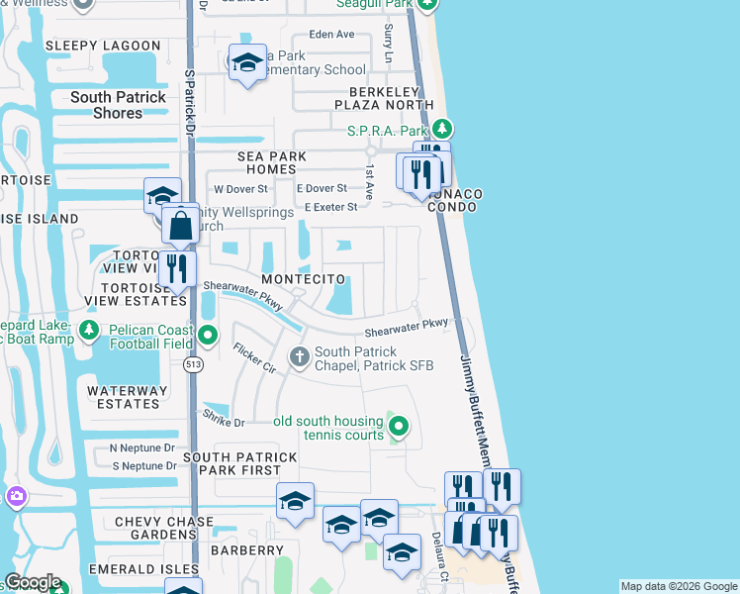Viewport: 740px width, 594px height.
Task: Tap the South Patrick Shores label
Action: coord(119,105)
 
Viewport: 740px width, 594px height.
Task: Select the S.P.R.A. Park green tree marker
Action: coord(443,130)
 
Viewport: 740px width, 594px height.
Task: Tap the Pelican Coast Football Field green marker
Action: coord(208,333)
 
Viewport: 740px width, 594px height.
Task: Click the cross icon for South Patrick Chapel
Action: coord(299,355)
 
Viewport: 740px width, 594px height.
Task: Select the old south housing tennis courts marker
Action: coord(398,427)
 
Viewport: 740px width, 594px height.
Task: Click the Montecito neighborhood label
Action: coord(304,280)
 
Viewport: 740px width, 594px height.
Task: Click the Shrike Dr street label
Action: coord(224,419)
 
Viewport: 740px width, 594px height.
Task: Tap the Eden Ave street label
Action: coord(331,34)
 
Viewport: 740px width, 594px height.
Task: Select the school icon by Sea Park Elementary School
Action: coord(247,63)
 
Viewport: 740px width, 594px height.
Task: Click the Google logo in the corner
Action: coord(33,582)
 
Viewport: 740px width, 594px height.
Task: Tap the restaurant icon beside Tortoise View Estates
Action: coord(177,268)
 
